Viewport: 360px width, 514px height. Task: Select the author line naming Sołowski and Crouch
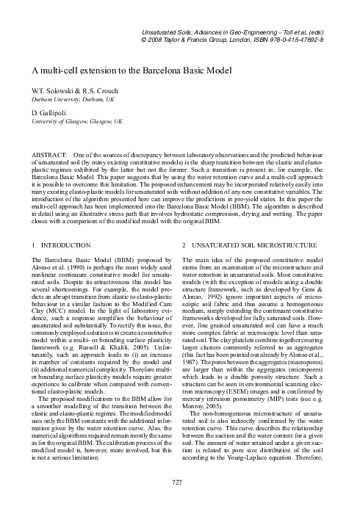[x=76, y=87]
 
